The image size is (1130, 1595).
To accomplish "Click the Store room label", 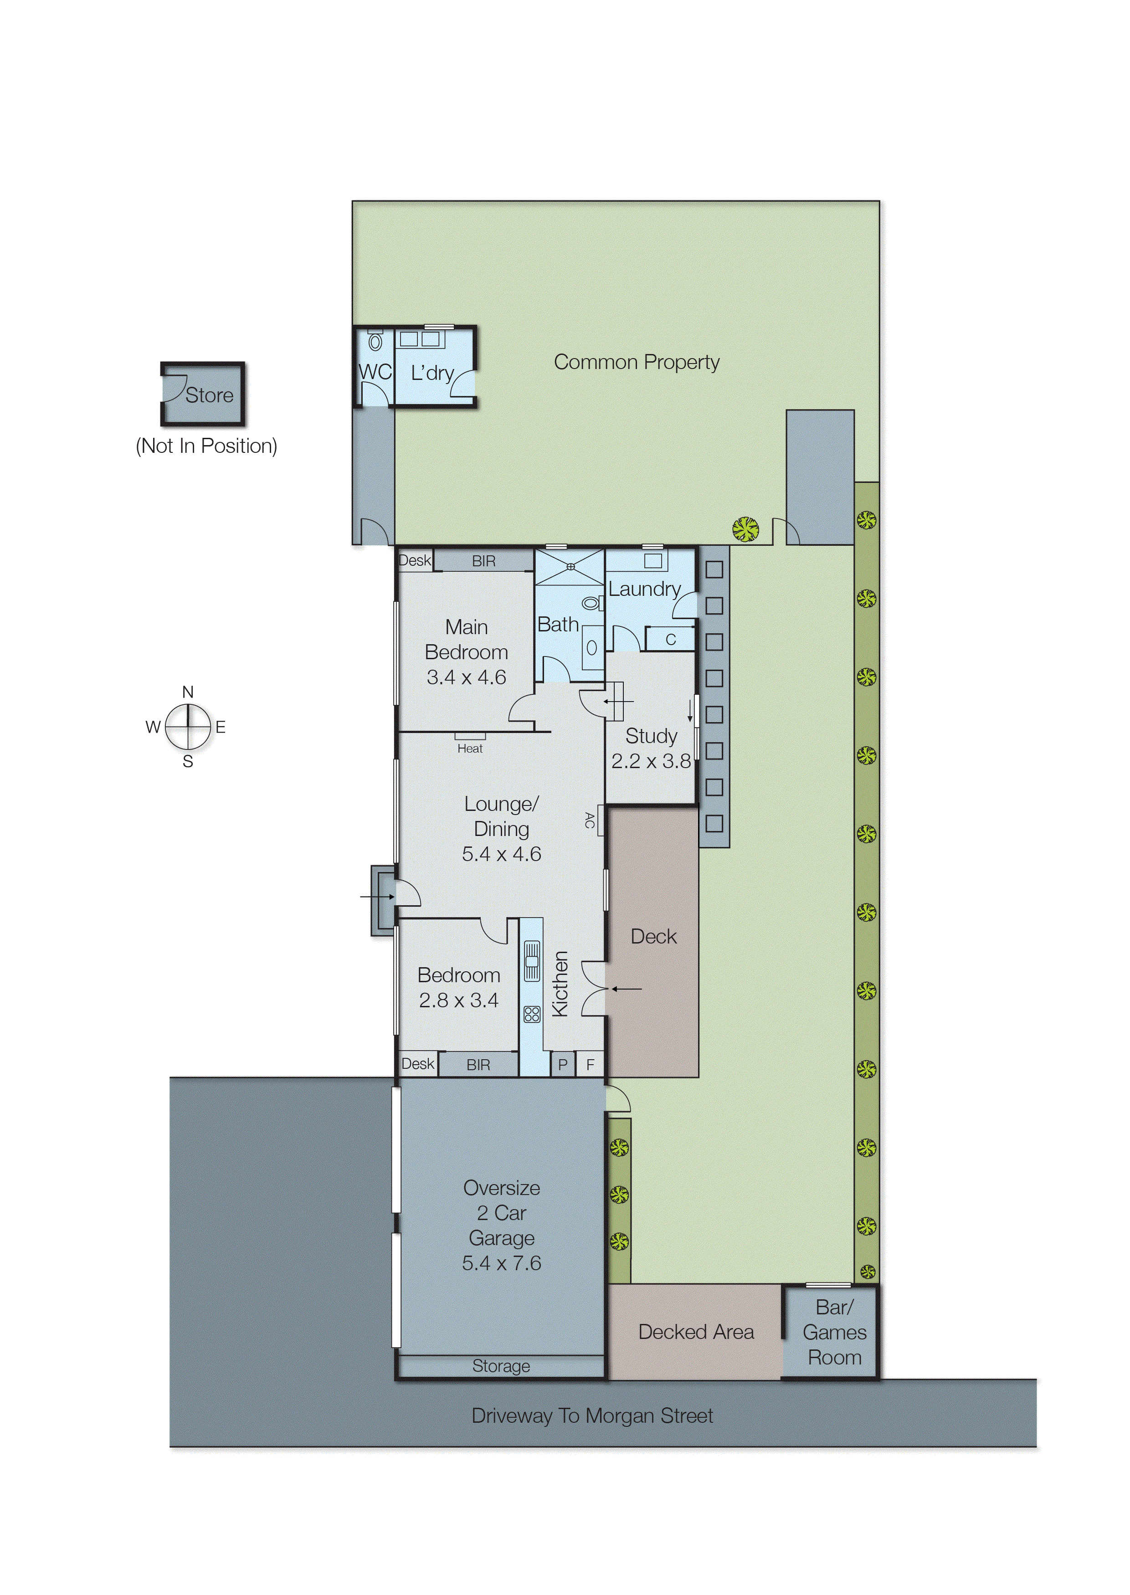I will pyautogui.click(x=209, y=395).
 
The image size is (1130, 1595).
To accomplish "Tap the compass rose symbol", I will pyautogui.click(x=188, y=727).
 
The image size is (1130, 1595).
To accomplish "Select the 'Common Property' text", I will pyautogui.click(x=636, y=362).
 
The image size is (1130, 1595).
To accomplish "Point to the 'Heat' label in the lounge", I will pyautogui.click(x=470, y=749).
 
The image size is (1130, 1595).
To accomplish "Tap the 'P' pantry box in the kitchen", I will pyautogui.click(x=562, y=1064).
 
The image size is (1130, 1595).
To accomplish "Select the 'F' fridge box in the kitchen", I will pyautogui.click(x=590, y=1064).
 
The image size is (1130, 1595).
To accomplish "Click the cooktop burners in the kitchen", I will pyautogui.click(x=532, y=1014).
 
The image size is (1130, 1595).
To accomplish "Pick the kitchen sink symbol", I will pyautogui.click(x=532, y=961).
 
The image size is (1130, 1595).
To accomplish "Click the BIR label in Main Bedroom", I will pyautogui.click(x=483, y=561).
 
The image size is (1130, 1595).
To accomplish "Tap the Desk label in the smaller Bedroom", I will pyautogui.click(x=417, y=1064).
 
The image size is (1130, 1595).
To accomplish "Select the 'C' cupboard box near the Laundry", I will pyautogui.click(x=670, y=639).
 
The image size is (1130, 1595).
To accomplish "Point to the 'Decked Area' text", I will pyautogui.click(x=696, y=1331).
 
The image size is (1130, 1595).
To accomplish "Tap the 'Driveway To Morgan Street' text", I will pyautogui.click(x=592, y=1415).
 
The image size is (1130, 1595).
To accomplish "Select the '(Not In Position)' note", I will pyautogui.click(x=207, y=446).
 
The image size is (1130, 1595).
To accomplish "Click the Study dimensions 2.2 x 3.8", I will pyautogui.click(x=651, y=761).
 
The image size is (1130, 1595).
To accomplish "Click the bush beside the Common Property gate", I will pyautogui.click(x=745, y=529).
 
